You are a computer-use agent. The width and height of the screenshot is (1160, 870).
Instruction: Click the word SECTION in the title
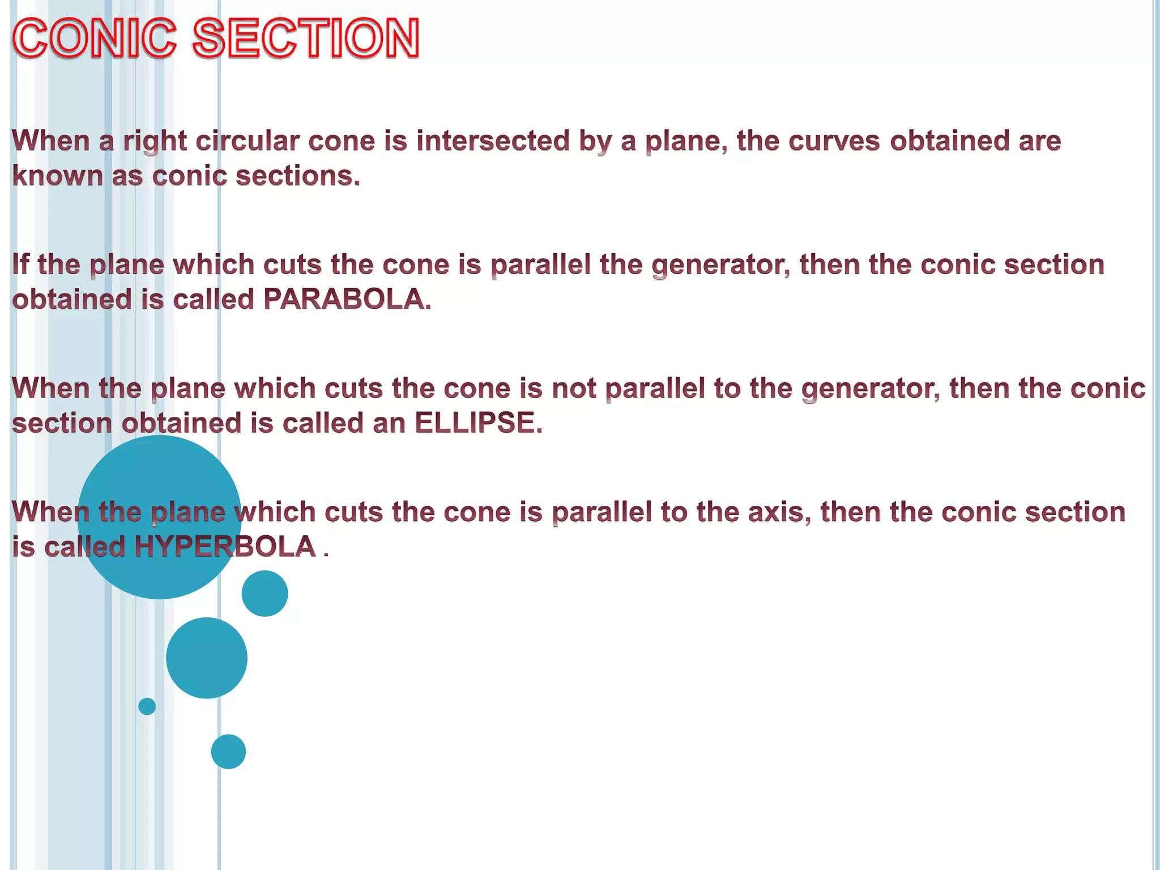pos(306,38)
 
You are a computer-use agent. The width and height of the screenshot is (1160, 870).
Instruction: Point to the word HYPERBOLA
pos(225,547)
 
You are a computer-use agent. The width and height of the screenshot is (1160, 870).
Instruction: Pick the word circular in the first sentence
pos(247,140)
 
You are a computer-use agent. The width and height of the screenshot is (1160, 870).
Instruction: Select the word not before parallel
pos(573,389)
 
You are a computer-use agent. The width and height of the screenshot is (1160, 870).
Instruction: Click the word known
pos(57,176)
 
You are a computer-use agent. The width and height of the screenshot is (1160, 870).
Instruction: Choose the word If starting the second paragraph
pos(20,265)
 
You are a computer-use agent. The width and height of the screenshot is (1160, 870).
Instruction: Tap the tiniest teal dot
pos(147,706)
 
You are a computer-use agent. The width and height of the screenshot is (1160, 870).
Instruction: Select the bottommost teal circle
pos(228,752)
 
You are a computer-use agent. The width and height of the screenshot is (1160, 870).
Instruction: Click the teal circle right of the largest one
pos(265,593)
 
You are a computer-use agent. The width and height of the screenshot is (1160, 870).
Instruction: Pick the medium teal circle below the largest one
pos(207,658)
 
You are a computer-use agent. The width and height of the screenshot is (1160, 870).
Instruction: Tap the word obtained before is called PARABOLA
pos(72,299)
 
